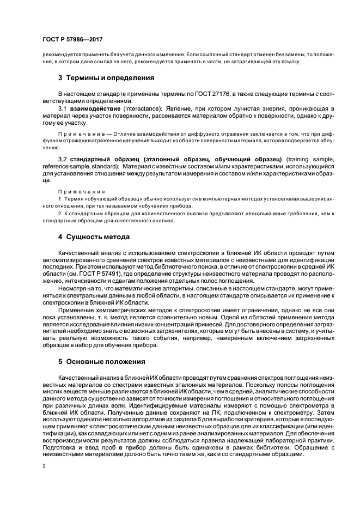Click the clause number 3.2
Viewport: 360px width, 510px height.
point(63,158)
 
